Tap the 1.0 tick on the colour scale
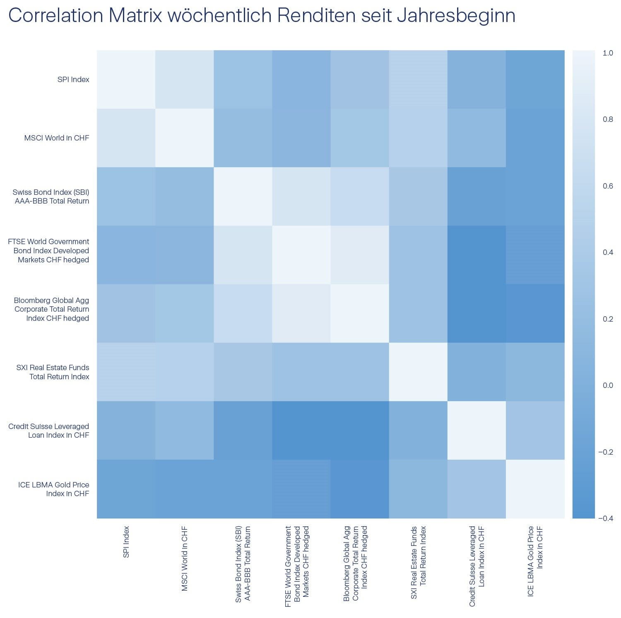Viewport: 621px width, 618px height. coord(608,53)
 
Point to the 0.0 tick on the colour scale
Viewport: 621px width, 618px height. coord(608,385)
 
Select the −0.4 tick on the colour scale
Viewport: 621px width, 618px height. coord(605,518)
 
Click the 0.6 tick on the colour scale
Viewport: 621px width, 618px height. coord(608,186)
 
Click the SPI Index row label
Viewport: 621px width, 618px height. coord(73,80)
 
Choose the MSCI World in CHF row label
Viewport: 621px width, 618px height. coord(57,138)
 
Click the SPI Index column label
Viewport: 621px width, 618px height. coord(126,542)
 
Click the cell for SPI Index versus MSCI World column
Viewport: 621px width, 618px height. coord(184,80)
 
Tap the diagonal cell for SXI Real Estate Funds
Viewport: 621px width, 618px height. coord(418,372)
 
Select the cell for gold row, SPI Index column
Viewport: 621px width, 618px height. coord(126,489)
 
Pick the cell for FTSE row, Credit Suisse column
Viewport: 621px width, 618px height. coord(477,255)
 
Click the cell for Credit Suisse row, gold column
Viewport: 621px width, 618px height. coord(535,430)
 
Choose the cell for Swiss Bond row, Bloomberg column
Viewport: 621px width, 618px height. coord(360,196)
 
